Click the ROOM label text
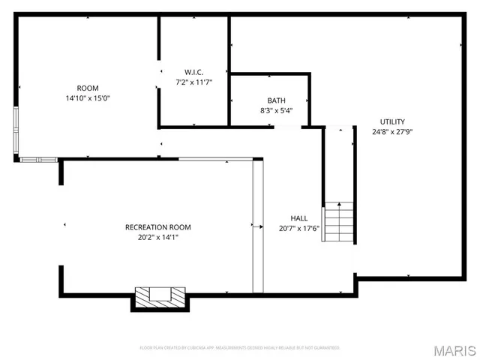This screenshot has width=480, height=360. tap(88, 88)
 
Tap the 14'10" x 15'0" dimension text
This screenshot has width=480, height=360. tap(88, 98)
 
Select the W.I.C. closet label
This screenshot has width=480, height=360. tap(194, 72)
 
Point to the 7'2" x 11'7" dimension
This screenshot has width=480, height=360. tap(194, 82)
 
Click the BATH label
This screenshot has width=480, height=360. tap(276, 100)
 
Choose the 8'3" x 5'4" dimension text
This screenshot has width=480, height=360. tap(276, 111)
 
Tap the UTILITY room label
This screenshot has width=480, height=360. tap(392, 121)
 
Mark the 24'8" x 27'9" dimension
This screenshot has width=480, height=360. tap(392, 132)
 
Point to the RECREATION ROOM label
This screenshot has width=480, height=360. tap(157, 227)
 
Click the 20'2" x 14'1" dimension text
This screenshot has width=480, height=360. tap(157, 238)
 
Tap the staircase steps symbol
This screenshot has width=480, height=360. tap(338, 222)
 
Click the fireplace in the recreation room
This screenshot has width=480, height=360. tap(159, 298)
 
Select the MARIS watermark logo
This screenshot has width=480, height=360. tap(454, 350)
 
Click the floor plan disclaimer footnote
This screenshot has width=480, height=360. tap(240, 348)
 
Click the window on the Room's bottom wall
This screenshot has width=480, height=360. tap(38, 159)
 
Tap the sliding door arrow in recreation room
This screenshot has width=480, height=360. tap(256, 225)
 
